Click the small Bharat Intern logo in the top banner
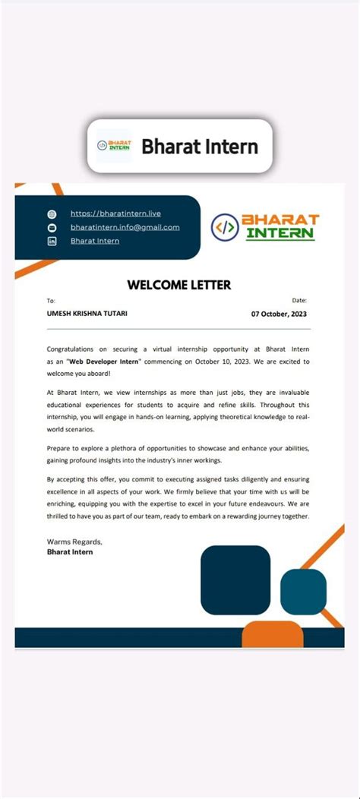point(114,146)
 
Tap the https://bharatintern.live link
point(115,213)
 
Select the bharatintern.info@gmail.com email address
point(125,227)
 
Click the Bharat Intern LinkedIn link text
point(95,241)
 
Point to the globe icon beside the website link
point(52,214)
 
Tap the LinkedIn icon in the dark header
point(52,241)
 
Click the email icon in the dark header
point(52,227)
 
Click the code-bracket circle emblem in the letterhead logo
point(225,226)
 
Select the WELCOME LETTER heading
point(179,286)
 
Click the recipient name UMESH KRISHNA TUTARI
point(87,314)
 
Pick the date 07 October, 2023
point(279,314)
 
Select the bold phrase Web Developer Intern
point(103,362)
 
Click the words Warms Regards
point(74,542)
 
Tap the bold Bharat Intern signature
point(70,552)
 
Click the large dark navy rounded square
point(235,580)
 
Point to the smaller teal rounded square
point(303,591)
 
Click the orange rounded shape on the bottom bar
point(273,633)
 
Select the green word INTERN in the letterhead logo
point(279,233)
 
